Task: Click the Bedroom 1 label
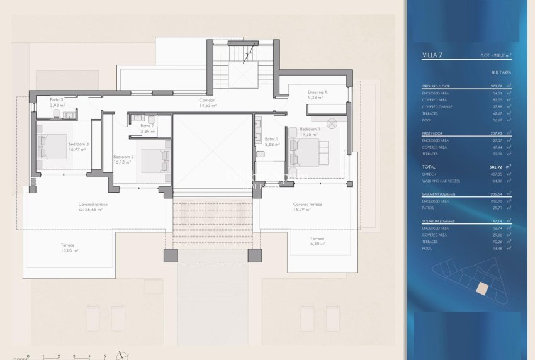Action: [310, 129]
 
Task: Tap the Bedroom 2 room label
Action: [123, 157]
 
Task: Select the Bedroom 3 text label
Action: [78, 144]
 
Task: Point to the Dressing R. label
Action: [318, 92]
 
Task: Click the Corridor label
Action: [206, 100]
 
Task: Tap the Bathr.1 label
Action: [271, 139]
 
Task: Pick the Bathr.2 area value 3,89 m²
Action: [147, 132]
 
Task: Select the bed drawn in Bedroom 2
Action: [155, 159]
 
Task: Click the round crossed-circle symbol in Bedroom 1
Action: [332, 123]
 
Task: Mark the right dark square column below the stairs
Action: [254, 255]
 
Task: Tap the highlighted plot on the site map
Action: [481, 288]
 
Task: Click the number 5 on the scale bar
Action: [104, 356]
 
